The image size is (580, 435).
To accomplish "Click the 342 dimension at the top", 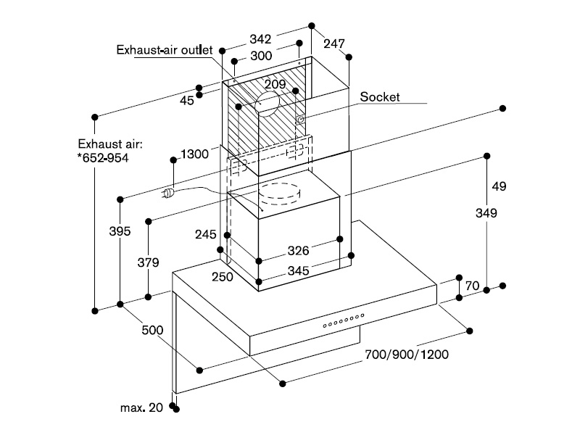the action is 260,39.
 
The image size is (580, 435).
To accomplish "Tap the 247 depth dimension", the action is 334,43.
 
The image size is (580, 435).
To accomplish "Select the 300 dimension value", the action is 261,56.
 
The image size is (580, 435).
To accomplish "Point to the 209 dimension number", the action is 275,84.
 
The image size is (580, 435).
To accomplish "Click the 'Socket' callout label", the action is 380,97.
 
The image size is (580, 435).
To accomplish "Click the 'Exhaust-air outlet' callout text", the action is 165,50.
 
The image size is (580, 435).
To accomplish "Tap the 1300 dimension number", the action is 194,154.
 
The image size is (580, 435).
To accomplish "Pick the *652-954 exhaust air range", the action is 103,158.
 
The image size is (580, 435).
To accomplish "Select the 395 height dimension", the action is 120,231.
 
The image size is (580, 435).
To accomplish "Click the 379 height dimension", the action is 149,262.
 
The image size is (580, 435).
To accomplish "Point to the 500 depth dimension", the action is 152,330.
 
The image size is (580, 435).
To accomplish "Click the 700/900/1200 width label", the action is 407,355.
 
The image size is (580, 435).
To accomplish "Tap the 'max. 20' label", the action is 141,407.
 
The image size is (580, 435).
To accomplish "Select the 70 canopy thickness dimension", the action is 473,286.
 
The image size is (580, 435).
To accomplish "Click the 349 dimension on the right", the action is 486,213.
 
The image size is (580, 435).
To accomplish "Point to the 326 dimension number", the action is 298,251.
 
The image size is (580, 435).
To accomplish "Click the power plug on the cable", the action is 167,193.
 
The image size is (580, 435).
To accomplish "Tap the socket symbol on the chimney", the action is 300,119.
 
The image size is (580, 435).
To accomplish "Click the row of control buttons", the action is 344,320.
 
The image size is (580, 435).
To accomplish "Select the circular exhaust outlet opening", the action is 267,104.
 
